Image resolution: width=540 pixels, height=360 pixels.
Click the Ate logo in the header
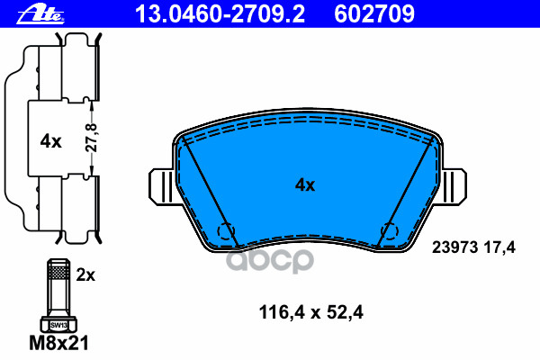(40, 14)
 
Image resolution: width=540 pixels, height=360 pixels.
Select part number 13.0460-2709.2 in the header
(220, 14)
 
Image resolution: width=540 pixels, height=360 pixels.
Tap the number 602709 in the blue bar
(374, 14)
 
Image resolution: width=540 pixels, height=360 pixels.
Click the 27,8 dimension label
(92, 138)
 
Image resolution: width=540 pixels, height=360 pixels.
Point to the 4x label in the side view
(50, 141)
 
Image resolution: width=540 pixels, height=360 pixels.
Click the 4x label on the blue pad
(305, 185)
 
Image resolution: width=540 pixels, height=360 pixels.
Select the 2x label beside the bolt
(85, 274)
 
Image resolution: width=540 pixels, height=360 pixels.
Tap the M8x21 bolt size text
(58, 343)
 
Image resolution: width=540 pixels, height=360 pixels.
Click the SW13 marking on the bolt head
(58, 325)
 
